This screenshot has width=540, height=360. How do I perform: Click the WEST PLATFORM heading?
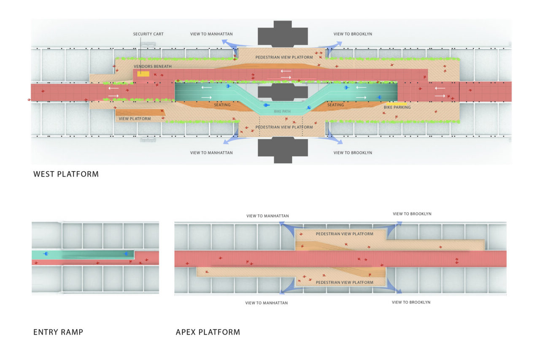(66, 174)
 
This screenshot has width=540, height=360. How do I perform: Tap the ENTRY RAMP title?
(58, 332)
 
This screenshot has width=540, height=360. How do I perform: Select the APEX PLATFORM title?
(208, 332)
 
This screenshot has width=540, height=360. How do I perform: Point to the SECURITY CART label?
(148, 34)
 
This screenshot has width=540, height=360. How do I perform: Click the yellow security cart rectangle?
(143, 74)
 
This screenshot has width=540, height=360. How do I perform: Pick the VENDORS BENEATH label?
(152, 67)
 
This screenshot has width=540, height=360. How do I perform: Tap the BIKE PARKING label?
(397, 107)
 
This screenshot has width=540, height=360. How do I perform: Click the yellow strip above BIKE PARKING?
(396, 103)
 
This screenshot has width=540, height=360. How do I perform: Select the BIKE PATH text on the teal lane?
(282, 111)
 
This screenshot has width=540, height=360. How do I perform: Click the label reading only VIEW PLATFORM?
(135, 119)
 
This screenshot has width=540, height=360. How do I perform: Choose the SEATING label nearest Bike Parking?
(335, 105)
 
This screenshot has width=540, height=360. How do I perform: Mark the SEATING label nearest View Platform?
(222, 105)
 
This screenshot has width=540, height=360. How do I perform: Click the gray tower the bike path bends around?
(282, 91)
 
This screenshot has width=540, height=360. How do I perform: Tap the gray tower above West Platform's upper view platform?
(282, 33)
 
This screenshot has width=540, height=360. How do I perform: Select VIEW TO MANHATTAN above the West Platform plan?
(211, 34)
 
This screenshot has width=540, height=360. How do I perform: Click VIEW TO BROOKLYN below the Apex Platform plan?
(411, 302)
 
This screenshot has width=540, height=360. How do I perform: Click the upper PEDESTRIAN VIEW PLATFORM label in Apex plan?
(344, 234)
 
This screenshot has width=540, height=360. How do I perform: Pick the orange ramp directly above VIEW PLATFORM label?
(140, 113)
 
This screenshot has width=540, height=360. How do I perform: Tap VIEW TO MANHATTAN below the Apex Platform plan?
(266, 303)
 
